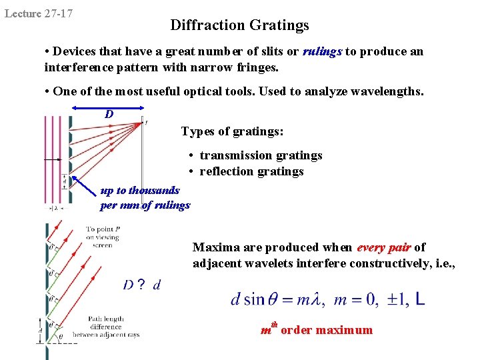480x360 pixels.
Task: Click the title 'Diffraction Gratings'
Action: pyautogui.click(x=239, y=25)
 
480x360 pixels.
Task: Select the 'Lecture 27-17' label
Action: pyautogui.click(x=39, y=13)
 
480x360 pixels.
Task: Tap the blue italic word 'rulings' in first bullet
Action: pyautogui.click(x=323, y=51)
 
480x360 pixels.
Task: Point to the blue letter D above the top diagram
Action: pyautogui.click(x=109, y=114)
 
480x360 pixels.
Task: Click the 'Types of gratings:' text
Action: pyautogui.click(x=232, y=131)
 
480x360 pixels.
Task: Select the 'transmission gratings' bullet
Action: pyautogui.click(x=261, y=155)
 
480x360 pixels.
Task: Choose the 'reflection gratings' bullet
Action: pyautogui.click(x=251, y=171)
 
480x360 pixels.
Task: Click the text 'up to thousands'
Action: pyautogui.click(x=140, y=191)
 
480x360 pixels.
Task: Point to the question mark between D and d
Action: pyautogui.click(x=141, y=285)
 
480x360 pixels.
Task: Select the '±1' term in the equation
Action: pyautogui.click(x=391, y=299)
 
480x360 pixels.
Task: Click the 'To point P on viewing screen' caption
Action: pyautogui.click(x=103, y=237)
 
